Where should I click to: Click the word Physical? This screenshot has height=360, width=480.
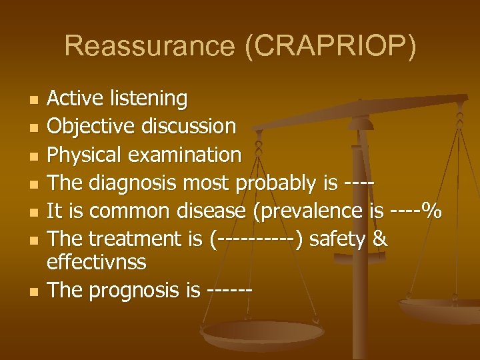87,155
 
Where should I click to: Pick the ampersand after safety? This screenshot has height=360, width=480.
379,239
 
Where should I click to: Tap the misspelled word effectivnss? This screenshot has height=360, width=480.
97,263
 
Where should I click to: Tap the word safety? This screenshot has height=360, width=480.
337,239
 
